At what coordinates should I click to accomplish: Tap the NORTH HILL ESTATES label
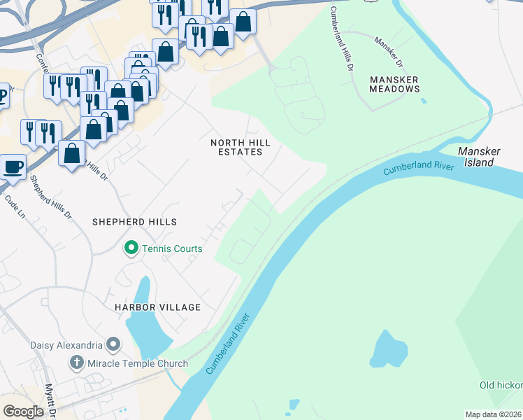click(x=241, y=147)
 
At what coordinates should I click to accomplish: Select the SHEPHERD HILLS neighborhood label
click(x=135, y=221)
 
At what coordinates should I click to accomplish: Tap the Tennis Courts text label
click(x=172, y=248)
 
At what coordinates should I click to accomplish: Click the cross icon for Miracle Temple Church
click(x=77, y=363)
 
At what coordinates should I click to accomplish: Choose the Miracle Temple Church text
click(x=138, y=363)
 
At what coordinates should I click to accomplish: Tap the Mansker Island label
click(x=476, y=157)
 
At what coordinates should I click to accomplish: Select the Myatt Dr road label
click(x=50, y=399)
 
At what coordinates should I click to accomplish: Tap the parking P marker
click(x=3, y=95)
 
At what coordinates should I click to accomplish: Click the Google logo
click(x=23, y=411)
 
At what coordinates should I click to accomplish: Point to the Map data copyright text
click(x=494, y=414)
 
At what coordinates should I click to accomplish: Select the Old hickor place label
click(x=501, y=385)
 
